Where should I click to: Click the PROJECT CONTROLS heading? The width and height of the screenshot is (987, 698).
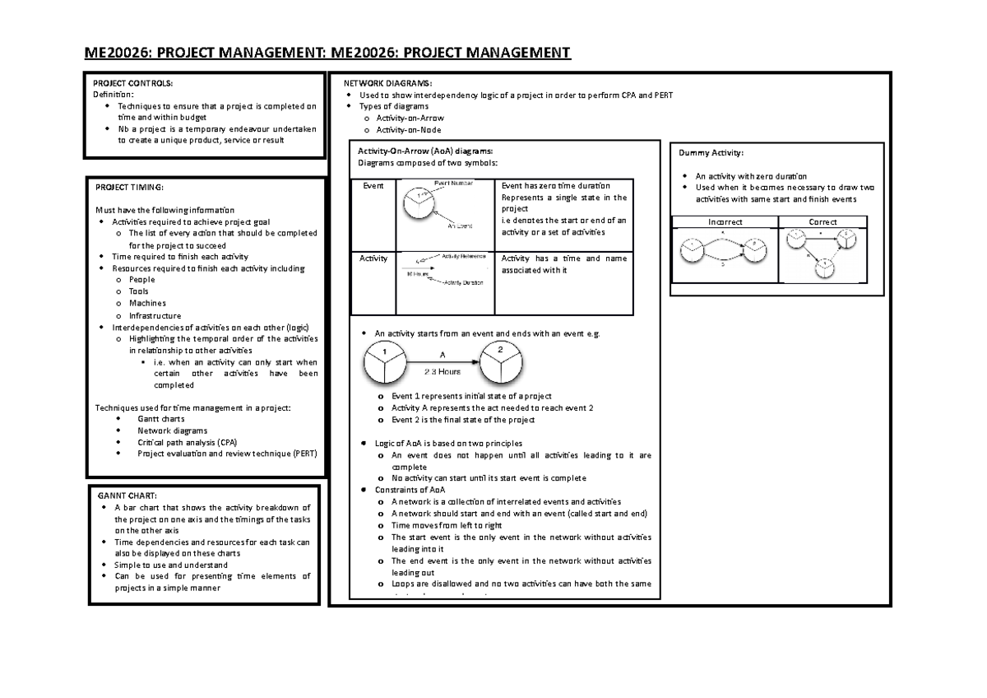[x=133, y=83]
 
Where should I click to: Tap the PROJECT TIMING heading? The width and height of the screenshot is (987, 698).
[x=130, y=187]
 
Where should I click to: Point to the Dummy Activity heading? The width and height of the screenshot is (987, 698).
[x=711, y=153]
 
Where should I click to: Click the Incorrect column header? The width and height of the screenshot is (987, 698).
[x=725, y=222]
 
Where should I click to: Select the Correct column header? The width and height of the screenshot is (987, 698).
[x=822, y=222]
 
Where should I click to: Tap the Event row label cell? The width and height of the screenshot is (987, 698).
[x=373, y=186]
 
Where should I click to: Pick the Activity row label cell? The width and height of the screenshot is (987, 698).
[x=373, y=258]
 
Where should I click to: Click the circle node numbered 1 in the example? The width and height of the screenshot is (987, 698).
[x=384, y=364]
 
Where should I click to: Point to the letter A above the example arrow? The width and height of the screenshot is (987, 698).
[x=443, y=354]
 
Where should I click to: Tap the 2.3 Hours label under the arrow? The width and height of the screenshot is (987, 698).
[x=443, y=372]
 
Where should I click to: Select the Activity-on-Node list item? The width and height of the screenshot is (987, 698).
[x=408, y=130]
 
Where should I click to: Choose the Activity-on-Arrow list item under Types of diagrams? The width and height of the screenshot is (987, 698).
[x=410, y=119]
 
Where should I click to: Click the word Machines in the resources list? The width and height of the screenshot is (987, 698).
[x=147, y=303]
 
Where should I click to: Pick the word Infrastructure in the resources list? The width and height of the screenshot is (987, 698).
[x=155, y=315]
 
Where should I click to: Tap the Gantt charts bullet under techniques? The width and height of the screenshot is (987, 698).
[x=161, y=419]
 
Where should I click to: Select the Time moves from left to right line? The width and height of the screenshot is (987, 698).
[x=447, y=525]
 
